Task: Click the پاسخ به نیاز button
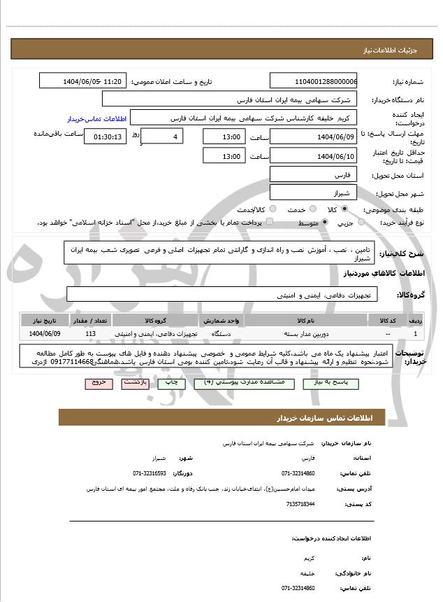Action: pyautogui.click(x=326, y=384)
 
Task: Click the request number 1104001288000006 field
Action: pyautogui.click(x=313, y=82)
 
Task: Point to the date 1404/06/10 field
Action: pyautogui.click(x=313, y=156)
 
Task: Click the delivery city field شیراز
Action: pyautogui.click(x=313, y=192)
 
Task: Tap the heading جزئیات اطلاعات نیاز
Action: pyautogui.click(x=392, y=50)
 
